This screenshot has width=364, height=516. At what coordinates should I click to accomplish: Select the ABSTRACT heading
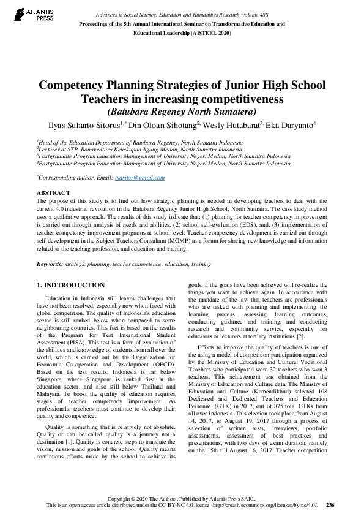(53, 193)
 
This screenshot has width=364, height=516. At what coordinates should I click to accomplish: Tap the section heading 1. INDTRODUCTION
(71, 286)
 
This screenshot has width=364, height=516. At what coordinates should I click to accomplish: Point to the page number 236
(330, 505)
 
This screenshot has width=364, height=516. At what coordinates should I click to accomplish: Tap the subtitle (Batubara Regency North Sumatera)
(182, 112)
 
